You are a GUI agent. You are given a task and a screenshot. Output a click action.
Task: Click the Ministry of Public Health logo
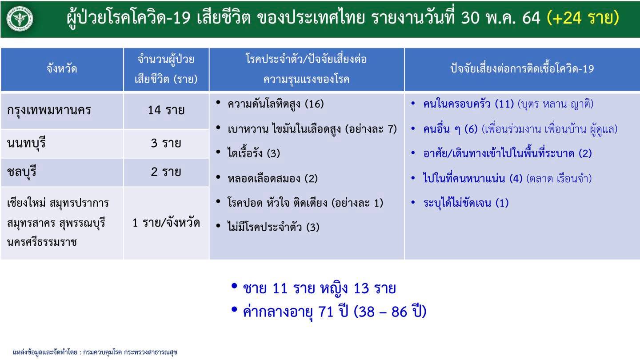(20, 19)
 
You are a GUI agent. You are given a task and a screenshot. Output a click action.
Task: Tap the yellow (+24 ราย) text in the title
(583, 18)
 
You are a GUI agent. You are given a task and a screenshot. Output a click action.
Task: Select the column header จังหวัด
(62, 69)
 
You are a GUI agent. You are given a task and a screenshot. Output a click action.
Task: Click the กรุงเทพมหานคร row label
(49, 110)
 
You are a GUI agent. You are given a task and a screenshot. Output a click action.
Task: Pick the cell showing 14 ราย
(166, 110)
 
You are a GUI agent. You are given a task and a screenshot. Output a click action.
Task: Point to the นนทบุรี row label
(26, 143)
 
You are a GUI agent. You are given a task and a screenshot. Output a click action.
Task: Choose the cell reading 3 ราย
(166, 143)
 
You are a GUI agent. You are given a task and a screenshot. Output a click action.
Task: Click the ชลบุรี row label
(22, 172)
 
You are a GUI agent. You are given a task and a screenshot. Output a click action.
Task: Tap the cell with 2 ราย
(166, 172)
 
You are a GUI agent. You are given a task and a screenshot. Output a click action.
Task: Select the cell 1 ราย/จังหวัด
(166, 223)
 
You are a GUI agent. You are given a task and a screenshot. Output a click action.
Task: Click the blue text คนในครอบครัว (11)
(468, 104)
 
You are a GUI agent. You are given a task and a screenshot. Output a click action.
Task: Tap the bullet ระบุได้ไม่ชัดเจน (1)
(466, 203)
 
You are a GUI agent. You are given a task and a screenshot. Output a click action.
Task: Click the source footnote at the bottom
(95, 352)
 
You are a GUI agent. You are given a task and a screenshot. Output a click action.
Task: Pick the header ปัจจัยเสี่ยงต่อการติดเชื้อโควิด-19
(522, 69)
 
